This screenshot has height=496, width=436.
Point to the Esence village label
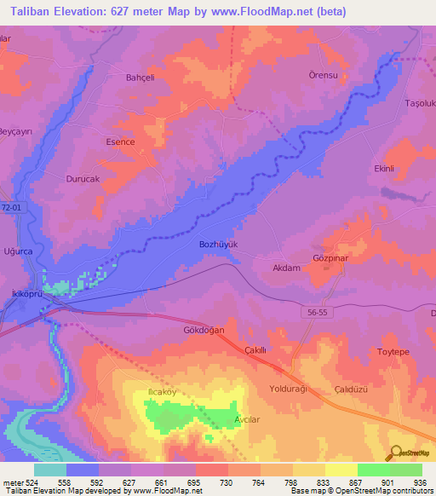click(120, 142)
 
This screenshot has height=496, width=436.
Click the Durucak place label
click(83, 180)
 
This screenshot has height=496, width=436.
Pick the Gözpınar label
click(332, 257)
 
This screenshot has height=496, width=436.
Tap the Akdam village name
click(286, 268)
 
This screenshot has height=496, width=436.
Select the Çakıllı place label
click(256, 350)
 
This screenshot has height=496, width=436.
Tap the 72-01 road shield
click(11, 207)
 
